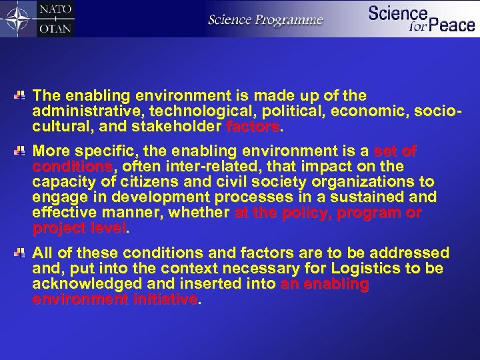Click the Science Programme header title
click(x=265, y=21)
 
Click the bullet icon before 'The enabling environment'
click(x=21, y=95)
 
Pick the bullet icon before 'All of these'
click(x=21, y=253)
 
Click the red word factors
click(x=253, y=126)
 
